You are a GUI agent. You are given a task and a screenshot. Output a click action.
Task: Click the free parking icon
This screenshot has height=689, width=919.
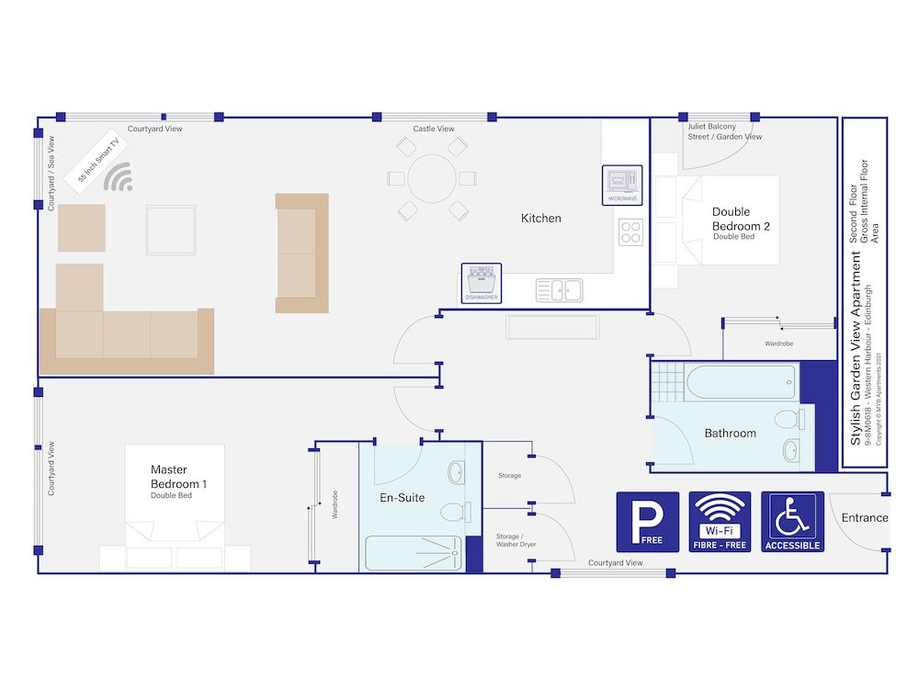[x=647, y=522]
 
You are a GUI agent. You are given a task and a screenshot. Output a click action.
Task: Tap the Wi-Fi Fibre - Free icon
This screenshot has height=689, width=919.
[x=720, y=522]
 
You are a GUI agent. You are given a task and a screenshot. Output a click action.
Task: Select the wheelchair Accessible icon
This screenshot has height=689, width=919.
[x=792, y=522]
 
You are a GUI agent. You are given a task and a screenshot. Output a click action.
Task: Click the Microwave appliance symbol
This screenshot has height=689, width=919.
[x=622, y=185]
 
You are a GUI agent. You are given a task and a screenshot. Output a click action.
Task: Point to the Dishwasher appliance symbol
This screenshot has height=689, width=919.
[x=482, y=283]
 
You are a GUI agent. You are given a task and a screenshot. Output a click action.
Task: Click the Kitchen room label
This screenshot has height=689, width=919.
[x=540, y=219]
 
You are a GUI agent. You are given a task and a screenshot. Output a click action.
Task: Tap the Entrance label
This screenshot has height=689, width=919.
[x=864, y=518]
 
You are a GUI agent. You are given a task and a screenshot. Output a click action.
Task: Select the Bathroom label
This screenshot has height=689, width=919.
[x=730, y=434]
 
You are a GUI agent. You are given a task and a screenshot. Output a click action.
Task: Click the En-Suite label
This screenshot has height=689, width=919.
[x=402, y=498]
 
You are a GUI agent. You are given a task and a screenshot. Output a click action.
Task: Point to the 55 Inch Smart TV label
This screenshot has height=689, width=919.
[x=98, y=163]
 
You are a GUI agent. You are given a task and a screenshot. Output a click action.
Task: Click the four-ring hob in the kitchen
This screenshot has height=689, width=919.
[x=630, y=232]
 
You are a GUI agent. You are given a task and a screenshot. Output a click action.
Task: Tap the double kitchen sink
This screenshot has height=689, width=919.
[x=560, y=290]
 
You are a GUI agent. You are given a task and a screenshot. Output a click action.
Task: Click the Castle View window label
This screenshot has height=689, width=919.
[x=433, y=129]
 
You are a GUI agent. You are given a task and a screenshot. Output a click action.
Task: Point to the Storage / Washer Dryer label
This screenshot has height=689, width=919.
[x=516, y=540]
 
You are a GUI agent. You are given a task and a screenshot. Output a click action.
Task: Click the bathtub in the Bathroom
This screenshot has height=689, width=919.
[x=739, y=382]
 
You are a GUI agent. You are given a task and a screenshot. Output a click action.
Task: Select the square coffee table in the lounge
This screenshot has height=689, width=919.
[x=171, y=230]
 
